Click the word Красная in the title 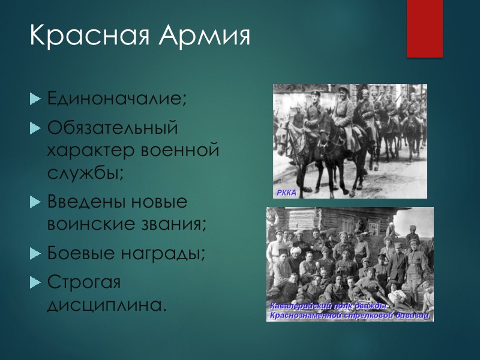[x=89, y=37]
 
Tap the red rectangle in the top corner [x=424, y=28]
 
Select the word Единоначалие [x=117, y=98]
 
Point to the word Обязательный [x=113, y=128]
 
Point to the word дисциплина [x=105, y=305]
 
